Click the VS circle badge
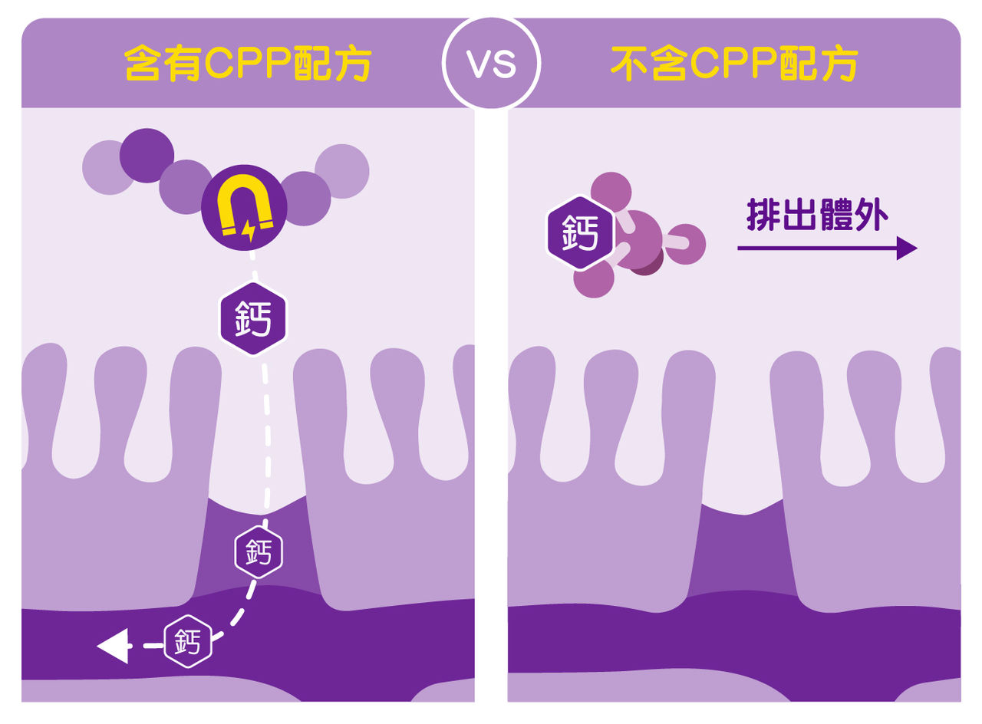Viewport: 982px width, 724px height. point(491,63)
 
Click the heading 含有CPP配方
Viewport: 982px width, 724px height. point(248,64)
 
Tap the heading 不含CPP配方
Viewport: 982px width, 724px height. point(733,64)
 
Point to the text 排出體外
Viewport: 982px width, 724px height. point(817,217)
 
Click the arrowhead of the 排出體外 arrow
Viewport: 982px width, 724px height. point(907,248)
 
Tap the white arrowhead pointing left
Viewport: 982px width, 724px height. point(112,646)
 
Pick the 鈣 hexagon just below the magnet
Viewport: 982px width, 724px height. point(253,317)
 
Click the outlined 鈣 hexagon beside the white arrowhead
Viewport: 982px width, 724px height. point(188,641)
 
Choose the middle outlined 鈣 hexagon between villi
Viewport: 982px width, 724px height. point(259,551)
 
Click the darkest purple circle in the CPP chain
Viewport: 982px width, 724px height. point(147,155)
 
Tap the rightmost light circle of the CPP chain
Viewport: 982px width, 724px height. point(342,171)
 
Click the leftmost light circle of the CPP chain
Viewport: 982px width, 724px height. point(107,168)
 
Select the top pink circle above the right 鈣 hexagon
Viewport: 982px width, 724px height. point(611,192)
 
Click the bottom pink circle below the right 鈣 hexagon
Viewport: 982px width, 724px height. point(594,278)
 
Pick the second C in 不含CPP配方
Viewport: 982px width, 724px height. point(704,64)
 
